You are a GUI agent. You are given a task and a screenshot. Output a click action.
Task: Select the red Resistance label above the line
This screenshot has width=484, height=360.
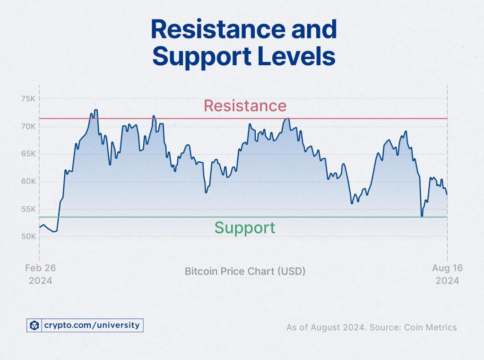pyautogui.click(x=245, y=105)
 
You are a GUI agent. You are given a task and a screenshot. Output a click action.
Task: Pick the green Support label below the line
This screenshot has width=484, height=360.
pyautogui.click(x=244, y=228)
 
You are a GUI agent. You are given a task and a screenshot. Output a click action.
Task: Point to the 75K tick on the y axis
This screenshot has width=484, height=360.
pyautogui.click(x=28, y=99)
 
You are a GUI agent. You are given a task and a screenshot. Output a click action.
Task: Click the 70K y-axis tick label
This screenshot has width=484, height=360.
pyautogui.click(x=28, y=126)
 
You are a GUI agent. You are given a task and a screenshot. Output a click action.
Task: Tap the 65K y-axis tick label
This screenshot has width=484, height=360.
pyautogui.click(x=28, y=154)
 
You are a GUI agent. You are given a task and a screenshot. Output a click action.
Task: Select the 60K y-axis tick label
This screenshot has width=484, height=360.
pyautogui.click(x=28, y=182)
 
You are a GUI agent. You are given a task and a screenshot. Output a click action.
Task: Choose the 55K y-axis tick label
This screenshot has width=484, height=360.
pyautogui.click(x=28, y=209)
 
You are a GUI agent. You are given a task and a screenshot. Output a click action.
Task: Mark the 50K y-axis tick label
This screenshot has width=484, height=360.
pyautogui.click(x=28, y=237)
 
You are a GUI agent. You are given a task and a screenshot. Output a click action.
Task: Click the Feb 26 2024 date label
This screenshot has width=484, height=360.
pyautogui.click(x=40, y=274)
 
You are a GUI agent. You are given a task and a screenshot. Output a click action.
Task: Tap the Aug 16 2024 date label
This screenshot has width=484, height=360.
pyautogui.click(x=447, y=274)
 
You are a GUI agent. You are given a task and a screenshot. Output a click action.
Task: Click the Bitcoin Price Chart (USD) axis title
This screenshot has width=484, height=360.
pyautogui.click(x=245, y=272)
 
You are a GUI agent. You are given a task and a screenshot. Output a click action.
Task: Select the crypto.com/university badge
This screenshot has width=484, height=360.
pyautogui.click(x=85, y=325)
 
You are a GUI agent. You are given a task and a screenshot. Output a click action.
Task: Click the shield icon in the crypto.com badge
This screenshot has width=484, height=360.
pyautogui.click(x=34, y=325)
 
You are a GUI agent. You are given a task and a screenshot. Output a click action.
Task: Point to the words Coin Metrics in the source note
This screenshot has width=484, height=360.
pyautogui.click(x=434, y=327)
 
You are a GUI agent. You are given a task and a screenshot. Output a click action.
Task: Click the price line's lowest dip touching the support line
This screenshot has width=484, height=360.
pyautogui.click(x=422, y=216)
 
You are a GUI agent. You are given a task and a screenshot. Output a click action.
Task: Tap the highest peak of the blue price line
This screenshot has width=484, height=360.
pyautogui.click(x=96, y=110)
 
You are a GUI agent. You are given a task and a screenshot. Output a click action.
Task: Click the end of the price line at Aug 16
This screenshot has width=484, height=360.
pyautogui.click(x=447, y=194)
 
